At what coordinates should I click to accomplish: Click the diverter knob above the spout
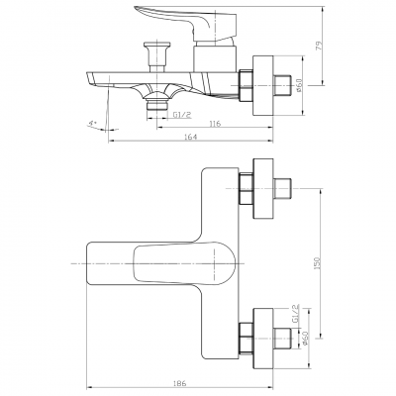(x=154, y=49)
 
